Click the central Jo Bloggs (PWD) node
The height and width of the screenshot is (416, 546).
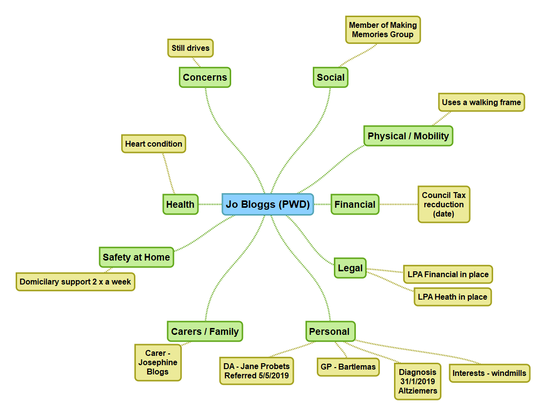[x=268, y=204]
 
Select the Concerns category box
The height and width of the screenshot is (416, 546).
[x=205, y=77]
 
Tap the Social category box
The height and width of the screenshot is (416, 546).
[x=330, y=77]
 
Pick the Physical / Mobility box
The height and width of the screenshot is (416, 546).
[x=408, y=136]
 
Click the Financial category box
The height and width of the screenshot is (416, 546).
[x=355, y=204]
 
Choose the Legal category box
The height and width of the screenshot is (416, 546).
[x=350, y=268]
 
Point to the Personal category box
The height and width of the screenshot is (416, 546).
[x=329, y=331]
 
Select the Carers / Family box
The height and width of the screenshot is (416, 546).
[x=205, y=331]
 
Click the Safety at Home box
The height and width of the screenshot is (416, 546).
[x=136, y=257]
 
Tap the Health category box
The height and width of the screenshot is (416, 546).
[x=180, y=204]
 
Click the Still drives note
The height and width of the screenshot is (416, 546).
[x=191, y=48]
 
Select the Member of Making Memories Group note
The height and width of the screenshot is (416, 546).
[x=383, y=30]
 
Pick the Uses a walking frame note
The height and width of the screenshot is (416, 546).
[x=481, y=103]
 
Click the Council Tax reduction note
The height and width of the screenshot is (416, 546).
[x=444, y=204]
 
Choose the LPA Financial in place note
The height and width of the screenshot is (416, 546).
[x=448, y=274]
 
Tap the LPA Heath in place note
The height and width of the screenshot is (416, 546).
[x=453, y=297]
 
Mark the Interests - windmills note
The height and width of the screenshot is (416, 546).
[x=489, y=373]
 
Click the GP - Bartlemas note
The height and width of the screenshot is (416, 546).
[x=349, y=367]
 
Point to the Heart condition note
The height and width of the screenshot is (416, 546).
[x=153, y=144]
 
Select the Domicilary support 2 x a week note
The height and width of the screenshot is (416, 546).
[x=75, y=282]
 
